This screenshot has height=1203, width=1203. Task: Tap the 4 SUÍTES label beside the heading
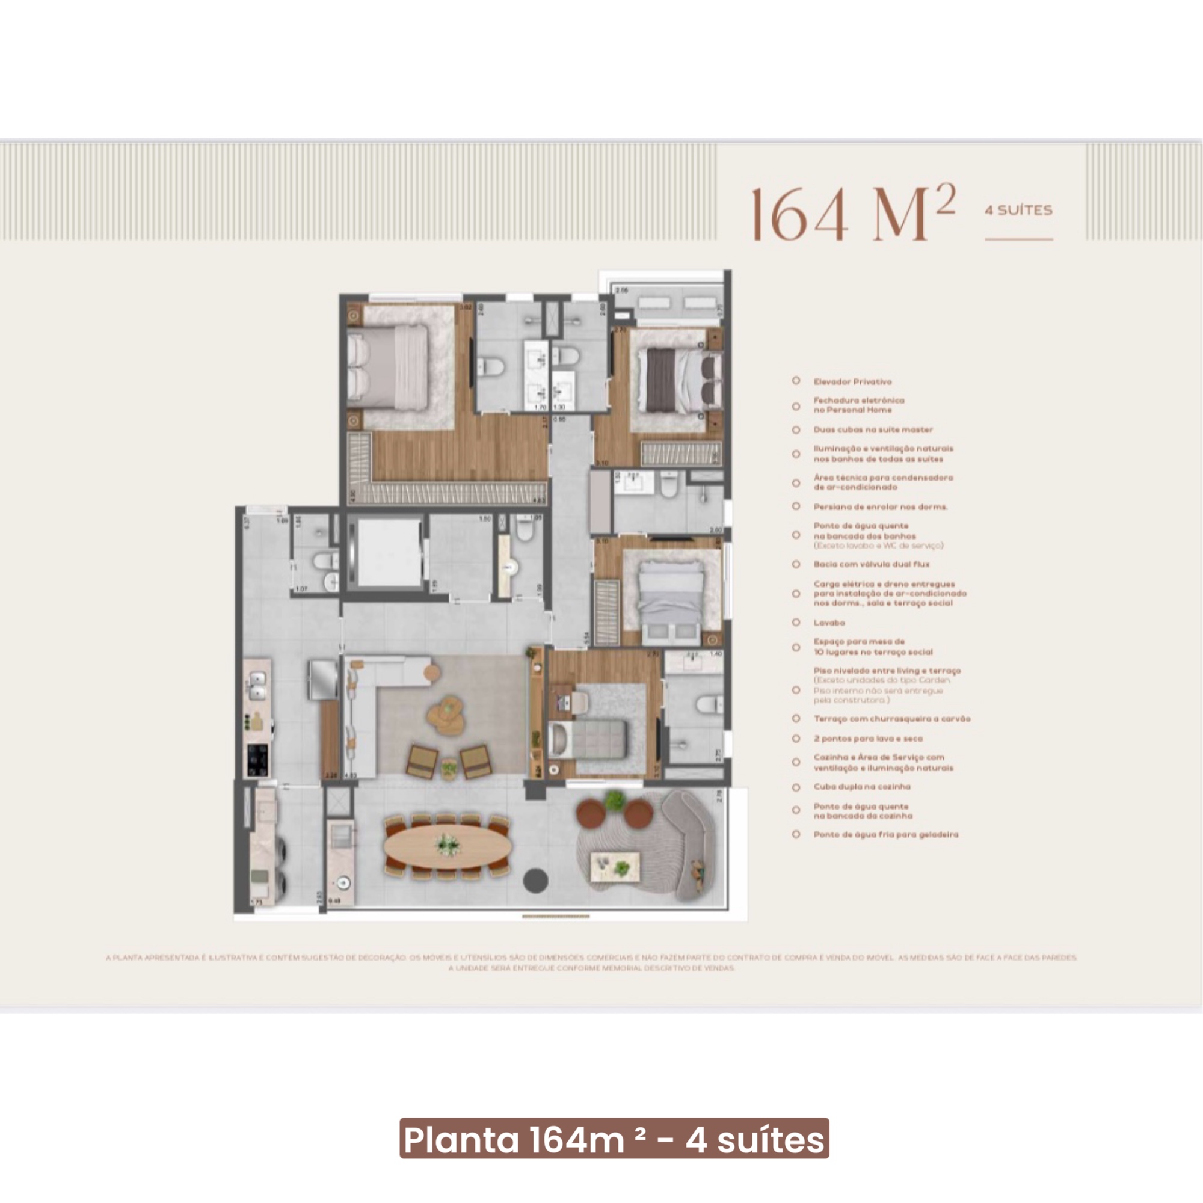1018,211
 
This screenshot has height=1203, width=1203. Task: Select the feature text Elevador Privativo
852,381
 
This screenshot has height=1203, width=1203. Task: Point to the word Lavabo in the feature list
829,622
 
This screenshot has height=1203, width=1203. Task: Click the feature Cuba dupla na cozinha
862,786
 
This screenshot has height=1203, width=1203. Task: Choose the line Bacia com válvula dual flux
871,564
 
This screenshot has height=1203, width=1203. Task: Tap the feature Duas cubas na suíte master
873,429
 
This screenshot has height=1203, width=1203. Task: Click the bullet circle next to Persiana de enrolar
796,506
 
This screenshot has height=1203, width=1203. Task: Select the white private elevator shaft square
389,552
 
